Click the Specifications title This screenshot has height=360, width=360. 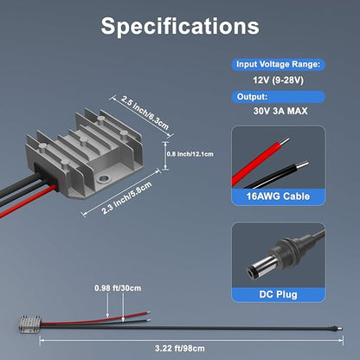coord(180,27)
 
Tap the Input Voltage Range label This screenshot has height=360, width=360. coord(278,64)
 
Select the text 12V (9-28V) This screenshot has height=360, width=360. coord(279,80)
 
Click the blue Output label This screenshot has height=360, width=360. coord(252,97)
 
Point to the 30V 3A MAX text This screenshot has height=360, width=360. coord(280,111)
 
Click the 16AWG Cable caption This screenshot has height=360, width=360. coord(278,196)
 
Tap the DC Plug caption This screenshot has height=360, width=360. coord(278,294)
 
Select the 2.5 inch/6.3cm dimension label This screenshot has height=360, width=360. coord(145,112)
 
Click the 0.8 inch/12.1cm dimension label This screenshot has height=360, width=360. coord(190,154)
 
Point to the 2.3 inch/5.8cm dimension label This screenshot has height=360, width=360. coord(126,198)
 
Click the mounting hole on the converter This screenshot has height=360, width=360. coord(103,179)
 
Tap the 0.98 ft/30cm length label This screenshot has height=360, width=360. coord(118,288)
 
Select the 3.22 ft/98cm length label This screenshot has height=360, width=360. coord(179,349)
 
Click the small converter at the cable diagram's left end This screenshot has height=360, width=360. coord(30,324)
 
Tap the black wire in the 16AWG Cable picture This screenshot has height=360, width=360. coord(274,175)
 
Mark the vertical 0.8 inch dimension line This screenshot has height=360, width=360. coord(165,156)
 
